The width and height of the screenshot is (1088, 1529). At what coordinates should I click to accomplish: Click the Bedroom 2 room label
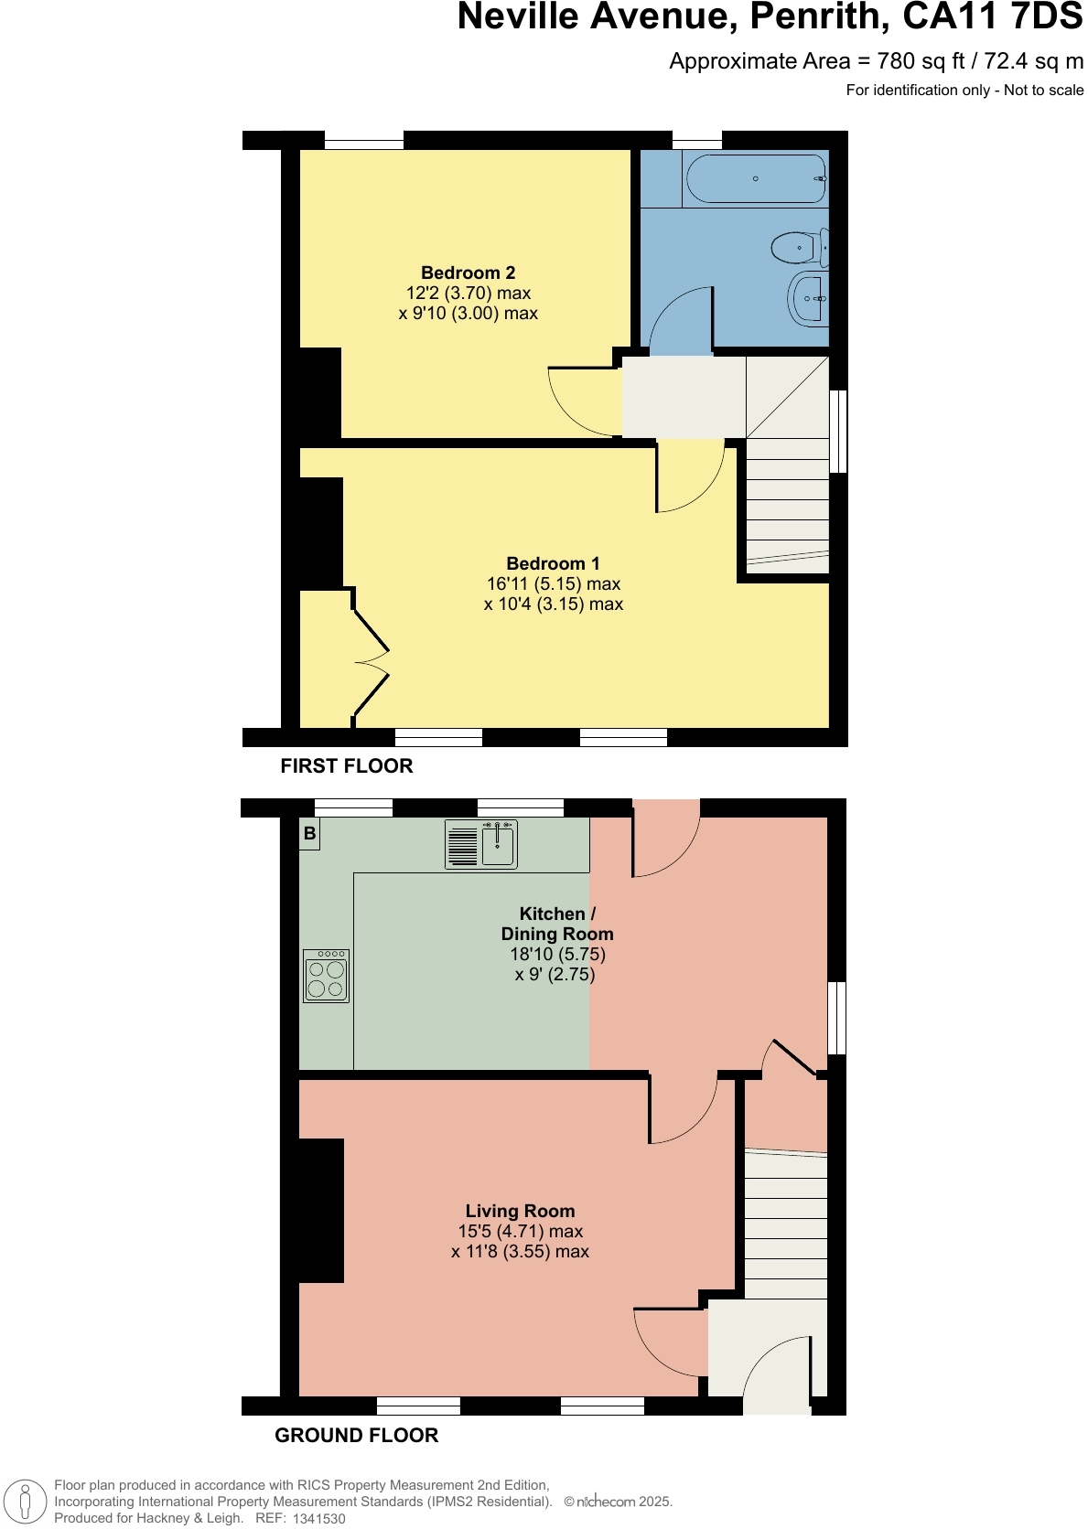tap(468, 273)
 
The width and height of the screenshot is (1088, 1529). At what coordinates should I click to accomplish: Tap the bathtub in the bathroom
tap(755, 179)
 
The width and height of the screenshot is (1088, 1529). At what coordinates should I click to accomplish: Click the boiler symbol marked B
tap(310, 834)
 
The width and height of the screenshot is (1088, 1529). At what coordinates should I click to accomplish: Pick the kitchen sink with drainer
tap(481, 843)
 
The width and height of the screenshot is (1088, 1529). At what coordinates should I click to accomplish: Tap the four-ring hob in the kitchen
tap(327, 976)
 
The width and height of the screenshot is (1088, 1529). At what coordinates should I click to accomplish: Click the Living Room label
tap(520, 1211)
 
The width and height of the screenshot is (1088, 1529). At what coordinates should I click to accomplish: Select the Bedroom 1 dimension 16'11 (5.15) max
tap(553, 583)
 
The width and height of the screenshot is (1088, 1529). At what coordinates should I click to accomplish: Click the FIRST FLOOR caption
tap(346, 766)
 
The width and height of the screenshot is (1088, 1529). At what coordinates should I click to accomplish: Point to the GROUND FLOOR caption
tap(356, 1436)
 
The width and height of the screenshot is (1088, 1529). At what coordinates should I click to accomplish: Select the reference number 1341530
tap(318, 1518)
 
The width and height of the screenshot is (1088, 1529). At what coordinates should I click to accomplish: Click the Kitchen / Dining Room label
tap(556, 924)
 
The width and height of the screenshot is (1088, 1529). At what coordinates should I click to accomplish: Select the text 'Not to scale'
tap(1043, 90)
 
